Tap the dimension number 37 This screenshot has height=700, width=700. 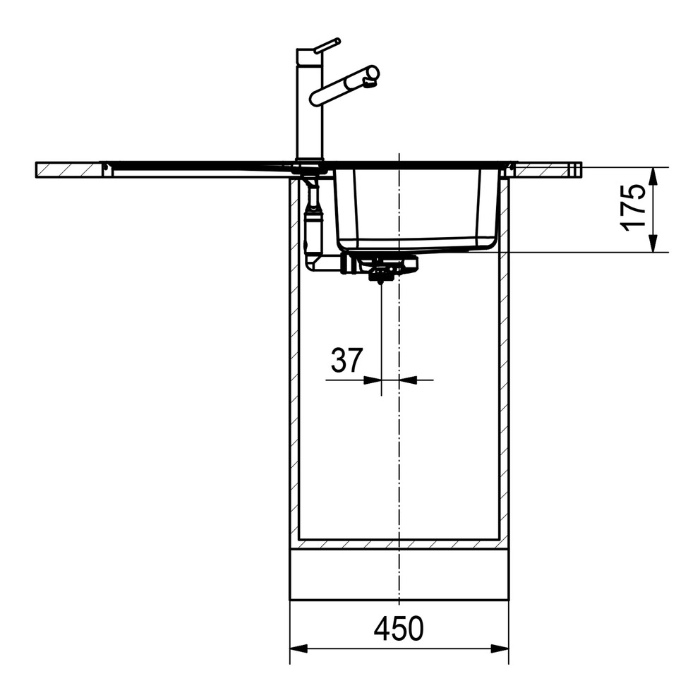pos(347,361)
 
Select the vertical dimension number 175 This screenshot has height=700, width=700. pos(634,208)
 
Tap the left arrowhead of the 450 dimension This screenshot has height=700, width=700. pos(299,648)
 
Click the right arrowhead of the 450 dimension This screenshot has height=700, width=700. pos(500,648)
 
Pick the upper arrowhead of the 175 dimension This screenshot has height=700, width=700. pos(653,176)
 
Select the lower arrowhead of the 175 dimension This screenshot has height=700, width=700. pos(653,243)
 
